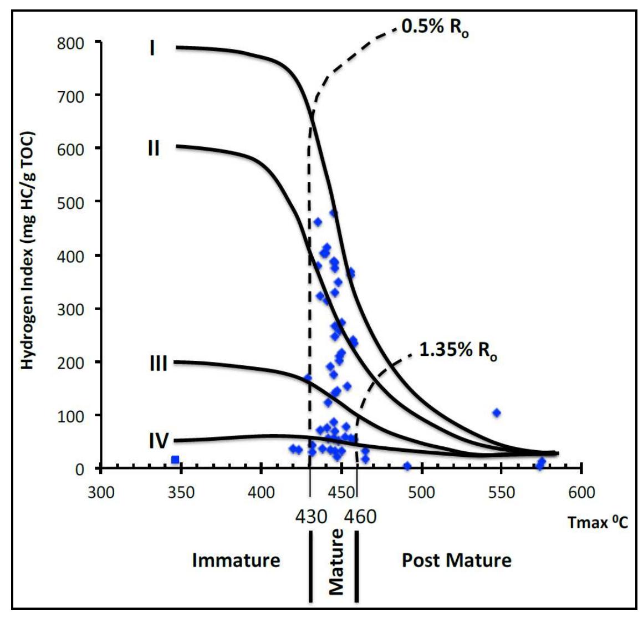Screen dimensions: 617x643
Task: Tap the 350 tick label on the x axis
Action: tap(181, 492)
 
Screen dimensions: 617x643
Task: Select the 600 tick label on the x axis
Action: tap(581, 492)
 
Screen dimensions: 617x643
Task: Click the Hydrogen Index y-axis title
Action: tap(27, 251)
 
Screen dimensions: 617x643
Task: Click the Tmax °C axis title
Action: tap(598, 522)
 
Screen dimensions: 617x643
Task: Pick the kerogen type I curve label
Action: tap(152, 48)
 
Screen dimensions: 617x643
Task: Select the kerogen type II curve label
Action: tap(153, 149)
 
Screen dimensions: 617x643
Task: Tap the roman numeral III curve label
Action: tap(158, 364)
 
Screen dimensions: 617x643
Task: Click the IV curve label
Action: tap(159, 441)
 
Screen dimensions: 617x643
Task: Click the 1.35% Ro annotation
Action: tap(458, 350)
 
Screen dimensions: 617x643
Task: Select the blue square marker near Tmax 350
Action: tap(175, 460)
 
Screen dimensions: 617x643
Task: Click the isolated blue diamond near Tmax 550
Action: tap(497, 412)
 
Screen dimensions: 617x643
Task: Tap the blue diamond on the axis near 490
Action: tap(407, 466)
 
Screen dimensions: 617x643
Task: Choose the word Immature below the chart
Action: tap(236, 560)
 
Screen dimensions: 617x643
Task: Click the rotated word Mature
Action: tap(336, 562)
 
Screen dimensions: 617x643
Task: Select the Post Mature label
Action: tap(456, 560)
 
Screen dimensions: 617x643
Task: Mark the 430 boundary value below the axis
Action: tap(311, 517)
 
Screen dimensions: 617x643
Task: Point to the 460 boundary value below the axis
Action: tap(360, 517)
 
